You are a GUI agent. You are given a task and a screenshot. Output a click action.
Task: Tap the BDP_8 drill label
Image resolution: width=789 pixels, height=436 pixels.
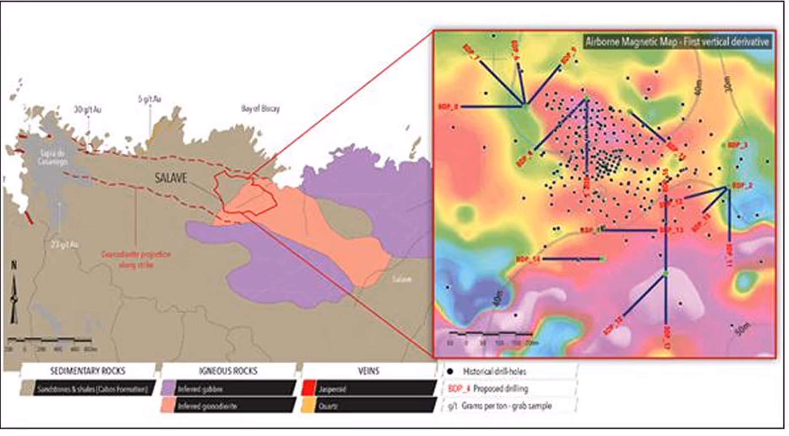coord(448,107)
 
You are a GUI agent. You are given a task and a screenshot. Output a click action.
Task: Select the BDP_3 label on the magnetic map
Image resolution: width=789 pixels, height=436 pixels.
coord(738,145)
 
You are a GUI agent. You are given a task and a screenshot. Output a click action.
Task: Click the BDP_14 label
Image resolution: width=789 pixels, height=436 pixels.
coord(528,259)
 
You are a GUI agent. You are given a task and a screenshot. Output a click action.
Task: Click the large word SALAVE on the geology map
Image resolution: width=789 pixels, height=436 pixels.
coord(171,177)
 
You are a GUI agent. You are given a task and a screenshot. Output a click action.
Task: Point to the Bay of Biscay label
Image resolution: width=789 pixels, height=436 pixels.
coord(260,109)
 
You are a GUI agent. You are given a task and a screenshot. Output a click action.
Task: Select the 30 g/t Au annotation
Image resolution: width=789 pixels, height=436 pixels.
coord(87,110)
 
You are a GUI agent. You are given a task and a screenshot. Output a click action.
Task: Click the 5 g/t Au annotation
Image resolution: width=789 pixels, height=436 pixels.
coord(150,99)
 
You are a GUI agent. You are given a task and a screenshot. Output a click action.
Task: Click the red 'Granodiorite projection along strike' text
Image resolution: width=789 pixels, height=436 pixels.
coord(136,259)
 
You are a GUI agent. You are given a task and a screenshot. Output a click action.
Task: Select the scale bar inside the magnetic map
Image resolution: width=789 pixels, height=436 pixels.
coord(490,335)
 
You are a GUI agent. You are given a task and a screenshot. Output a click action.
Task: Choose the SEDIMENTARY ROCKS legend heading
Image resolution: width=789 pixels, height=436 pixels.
coord(88,371)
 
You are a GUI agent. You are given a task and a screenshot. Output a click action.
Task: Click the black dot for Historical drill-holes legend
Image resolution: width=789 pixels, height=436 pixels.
coord(450,371)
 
